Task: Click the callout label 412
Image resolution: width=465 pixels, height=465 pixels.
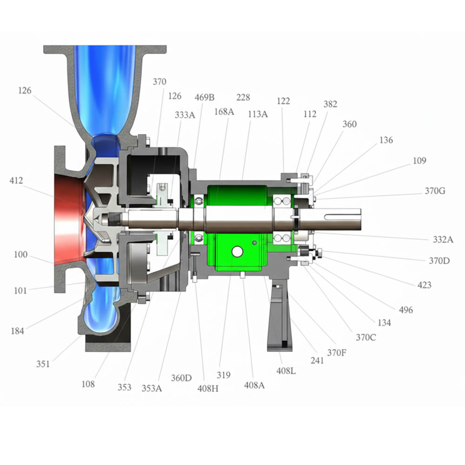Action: pos(16,180)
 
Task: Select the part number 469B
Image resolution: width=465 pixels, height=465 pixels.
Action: pos(205,97)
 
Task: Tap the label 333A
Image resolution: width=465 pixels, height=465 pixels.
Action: pos(185,115)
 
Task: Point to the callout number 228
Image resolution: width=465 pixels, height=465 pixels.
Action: pos(243,97)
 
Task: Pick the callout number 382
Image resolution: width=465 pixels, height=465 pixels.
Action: pos(330,104)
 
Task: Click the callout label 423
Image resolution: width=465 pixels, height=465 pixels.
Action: pos(424,285)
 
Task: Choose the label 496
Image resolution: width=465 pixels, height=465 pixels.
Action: pos(405,310)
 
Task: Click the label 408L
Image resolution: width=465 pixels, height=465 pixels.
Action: pos(286,371)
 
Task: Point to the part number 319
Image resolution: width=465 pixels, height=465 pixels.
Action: pos(224,375)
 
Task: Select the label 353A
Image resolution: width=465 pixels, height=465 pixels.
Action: pos(152,388)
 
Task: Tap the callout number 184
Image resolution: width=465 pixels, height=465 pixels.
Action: pos(17,331)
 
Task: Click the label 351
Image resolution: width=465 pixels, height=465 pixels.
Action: pos(43,364)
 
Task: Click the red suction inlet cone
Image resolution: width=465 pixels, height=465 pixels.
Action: pos(70,219)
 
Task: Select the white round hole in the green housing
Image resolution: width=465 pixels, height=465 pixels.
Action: pos(237,252)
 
